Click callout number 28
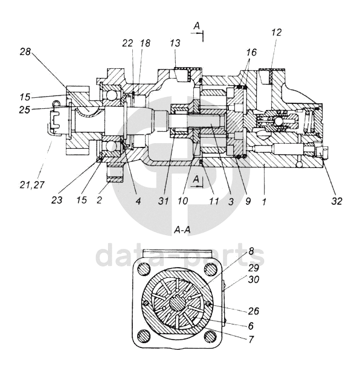tap(25, 51)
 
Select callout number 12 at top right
tap(277, 32)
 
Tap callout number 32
tap(337, 201)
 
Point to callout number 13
tap(175, 43)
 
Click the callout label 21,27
tap(32, 185)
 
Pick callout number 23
tap(57, 200)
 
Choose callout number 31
tap(163, 201)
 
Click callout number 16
tap(251, 52)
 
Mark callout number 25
tap(25, 109)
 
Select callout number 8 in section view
tap(251, 251)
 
